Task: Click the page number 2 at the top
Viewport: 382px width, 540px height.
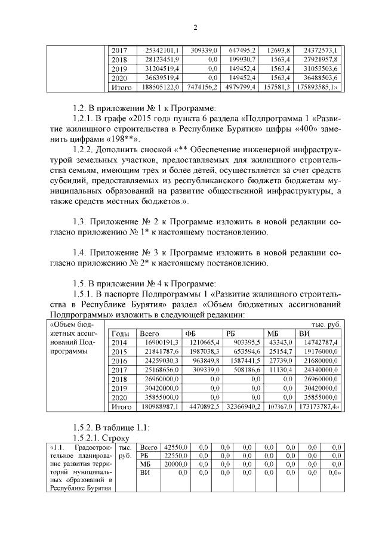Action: pyautogui.click(x=195, y=27)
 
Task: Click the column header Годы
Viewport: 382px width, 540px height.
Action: pyautogui.click(x=121, y=334)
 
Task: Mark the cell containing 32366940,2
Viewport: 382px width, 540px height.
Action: pyautogui.click(x=241, y=407)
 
